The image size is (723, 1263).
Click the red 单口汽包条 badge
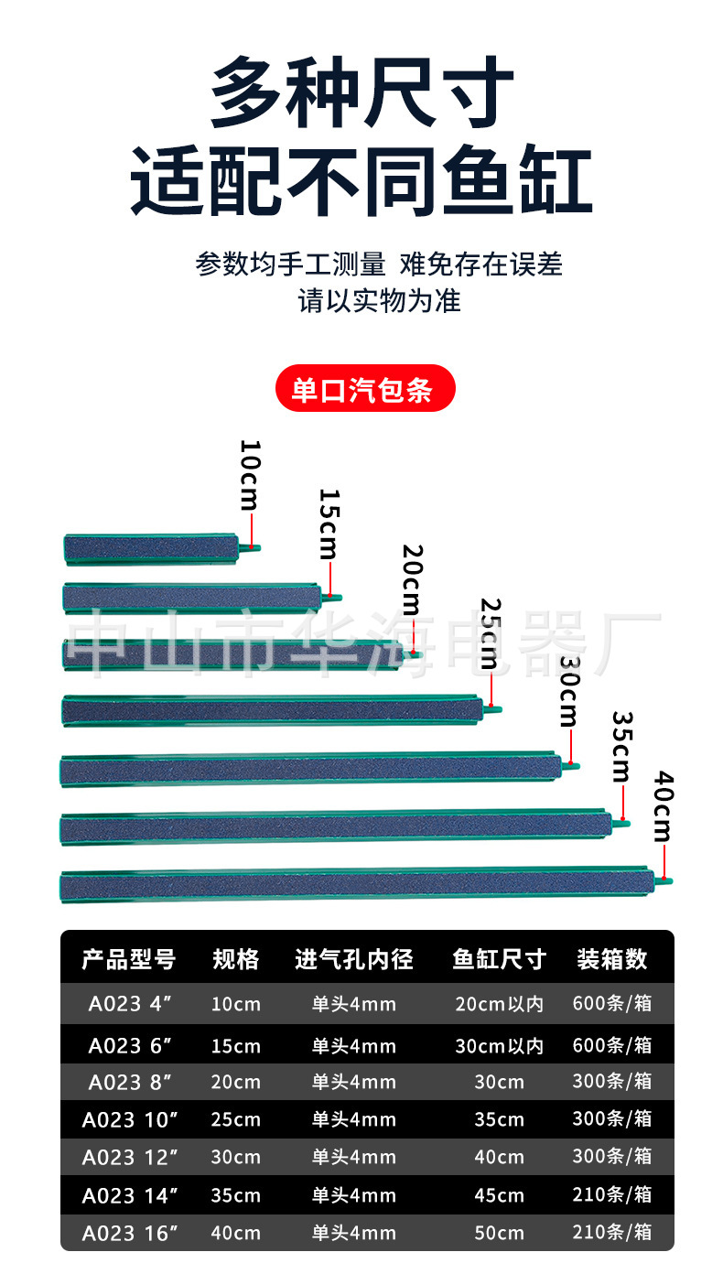[365, 388]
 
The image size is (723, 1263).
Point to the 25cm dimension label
[491, 633]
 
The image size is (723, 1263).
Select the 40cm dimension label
[662, 806]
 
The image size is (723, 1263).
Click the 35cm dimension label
[622, 746]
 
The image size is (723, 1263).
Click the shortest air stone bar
[151, 548]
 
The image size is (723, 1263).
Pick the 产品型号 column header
[128, 959]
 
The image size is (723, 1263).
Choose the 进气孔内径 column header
[354, 959]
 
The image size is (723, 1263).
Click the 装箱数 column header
[611, 959]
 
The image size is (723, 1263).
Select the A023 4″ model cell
[130, 1004]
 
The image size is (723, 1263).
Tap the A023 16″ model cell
[128, 1233]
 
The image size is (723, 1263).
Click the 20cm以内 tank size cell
[499, 1004]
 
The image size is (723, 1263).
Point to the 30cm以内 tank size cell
[499, 1045]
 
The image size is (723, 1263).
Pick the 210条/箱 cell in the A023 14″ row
[611, 1194]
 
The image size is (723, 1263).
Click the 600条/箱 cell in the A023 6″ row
[611, 1045]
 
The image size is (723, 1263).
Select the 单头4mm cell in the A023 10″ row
[354, 1119]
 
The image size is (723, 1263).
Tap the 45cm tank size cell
[499, 1194]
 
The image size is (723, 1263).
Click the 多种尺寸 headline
[361, 93]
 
